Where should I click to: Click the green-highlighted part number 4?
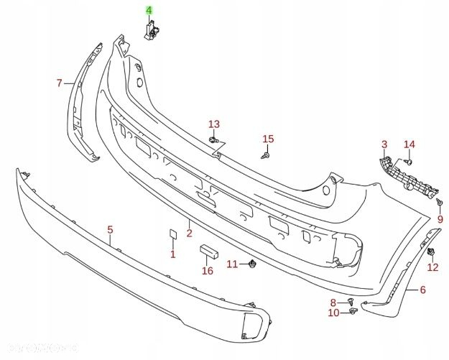tap(149, 11)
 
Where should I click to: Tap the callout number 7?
tap(60, 83)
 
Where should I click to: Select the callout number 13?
tap(214, 124)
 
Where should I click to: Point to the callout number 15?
tap(268, 139)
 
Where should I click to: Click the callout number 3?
tap(384, 144)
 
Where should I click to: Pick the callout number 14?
tap(409, 144)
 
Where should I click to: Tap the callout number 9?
tap(440, 218)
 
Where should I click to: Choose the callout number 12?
tap(432, 268)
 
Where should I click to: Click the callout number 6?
tap(422, 290)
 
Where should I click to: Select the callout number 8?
tap(333, 302)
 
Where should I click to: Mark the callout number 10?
tap(333, 313)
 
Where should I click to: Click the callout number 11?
tap(232, 264)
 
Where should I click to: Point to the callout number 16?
tap(208, 271)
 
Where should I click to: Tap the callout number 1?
tap(172, 254)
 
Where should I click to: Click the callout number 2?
tap(189, 233)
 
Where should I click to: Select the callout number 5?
tap(111, 230)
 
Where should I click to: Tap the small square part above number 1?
tap(172, 234)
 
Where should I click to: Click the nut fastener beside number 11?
tap(253, 264)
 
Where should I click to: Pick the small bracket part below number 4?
tap(152, 30)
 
